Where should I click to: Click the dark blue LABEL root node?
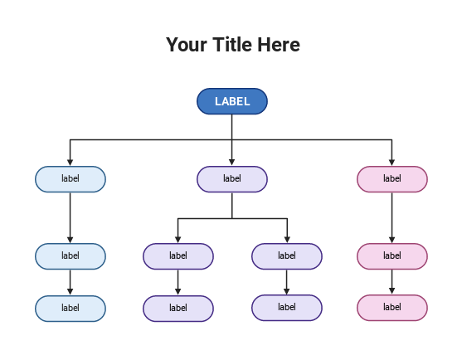coord(232,101)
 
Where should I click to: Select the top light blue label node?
coord(71,178)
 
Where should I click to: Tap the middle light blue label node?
coord(71,256)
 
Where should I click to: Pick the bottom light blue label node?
coord(71,308)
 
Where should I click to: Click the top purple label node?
coord(232,178)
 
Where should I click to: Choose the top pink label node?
coord(392,178)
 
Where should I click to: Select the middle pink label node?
coord(392,256)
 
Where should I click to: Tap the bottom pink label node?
coord(392,308)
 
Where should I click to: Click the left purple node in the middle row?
coord(178,256)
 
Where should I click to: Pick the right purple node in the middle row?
coord(287,256)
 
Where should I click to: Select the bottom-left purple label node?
coord(178,308)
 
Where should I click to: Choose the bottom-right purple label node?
coord(287,307)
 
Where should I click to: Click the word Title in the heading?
coord(235,45)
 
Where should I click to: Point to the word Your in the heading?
coord(185,45)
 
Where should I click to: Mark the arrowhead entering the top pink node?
coord(392,163)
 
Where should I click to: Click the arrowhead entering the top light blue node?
coord(71,163)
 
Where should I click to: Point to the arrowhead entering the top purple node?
coord(232,163)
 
